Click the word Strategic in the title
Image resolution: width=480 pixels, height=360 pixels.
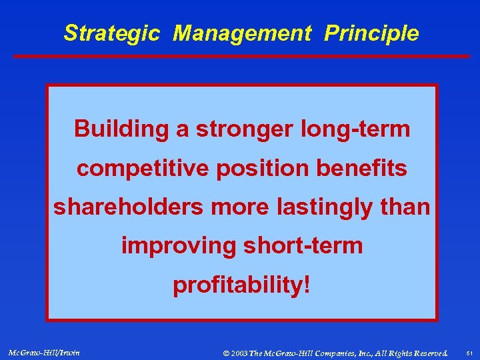pos(111,33)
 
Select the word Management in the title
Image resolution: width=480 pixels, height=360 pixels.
pos(241,33)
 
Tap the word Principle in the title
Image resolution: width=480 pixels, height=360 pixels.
pos(371,33)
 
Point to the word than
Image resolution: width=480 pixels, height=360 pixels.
pos(407,207)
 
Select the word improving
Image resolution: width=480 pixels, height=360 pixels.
pos(178,246)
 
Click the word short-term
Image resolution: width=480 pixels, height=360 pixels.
pos(303,246)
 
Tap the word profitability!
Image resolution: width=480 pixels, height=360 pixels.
pos(241,285)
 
